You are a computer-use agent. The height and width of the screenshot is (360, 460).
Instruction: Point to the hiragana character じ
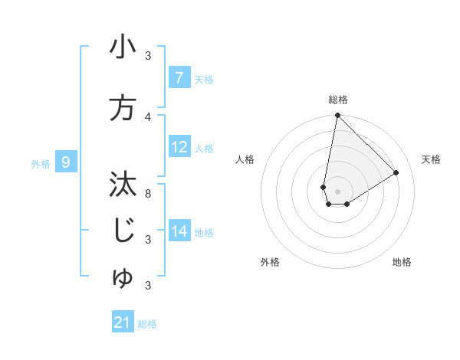123,231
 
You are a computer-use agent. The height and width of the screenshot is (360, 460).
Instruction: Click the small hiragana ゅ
123,280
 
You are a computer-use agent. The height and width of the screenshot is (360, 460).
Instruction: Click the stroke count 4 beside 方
148,116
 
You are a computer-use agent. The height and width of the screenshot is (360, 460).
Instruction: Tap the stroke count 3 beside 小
148,55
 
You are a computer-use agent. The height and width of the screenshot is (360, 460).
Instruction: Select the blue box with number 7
179,78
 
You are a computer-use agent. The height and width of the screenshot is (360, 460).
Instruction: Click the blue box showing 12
179,147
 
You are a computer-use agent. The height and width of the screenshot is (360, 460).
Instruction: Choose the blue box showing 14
179,231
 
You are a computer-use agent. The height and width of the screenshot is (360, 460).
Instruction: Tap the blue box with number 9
67,162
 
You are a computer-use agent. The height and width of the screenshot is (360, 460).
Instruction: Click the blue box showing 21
123,322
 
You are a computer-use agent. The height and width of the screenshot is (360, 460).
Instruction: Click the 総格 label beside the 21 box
147,324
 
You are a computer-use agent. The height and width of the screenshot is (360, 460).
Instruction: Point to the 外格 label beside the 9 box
41,163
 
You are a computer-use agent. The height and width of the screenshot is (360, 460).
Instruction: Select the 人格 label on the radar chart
245,159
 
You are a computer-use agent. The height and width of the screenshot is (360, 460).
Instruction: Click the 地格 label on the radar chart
402,262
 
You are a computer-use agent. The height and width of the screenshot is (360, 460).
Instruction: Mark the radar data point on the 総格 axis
337,116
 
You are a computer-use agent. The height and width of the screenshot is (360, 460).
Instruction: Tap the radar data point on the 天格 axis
396,173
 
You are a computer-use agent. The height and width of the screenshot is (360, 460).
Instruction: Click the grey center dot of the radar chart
337,191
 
